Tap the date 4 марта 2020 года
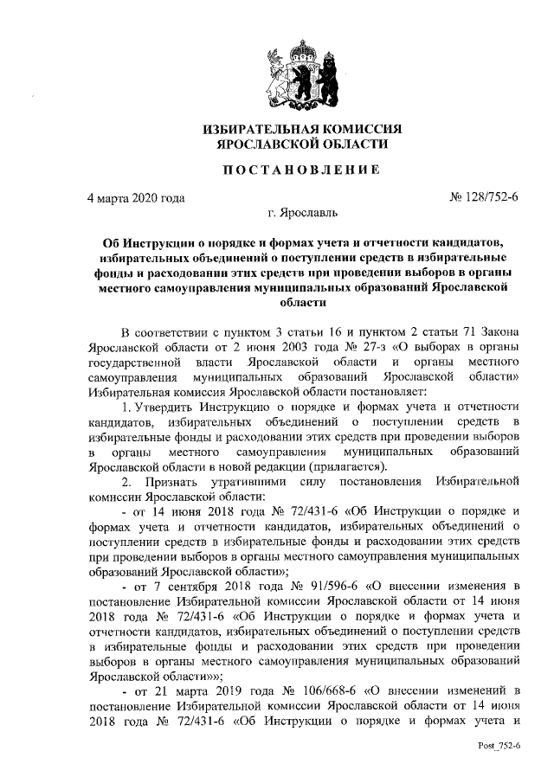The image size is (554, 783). pyautogui.click(x=136, y=197)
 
